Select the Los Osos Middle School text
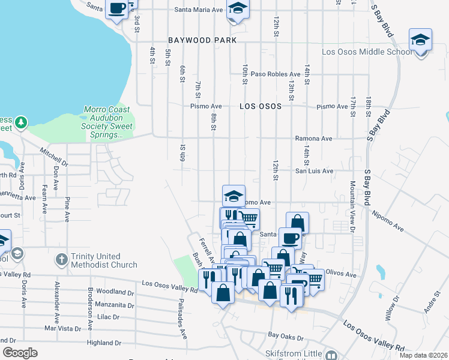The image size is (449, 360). coord(367,52)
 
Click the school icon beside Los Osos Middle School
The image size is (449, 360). coord(420,41)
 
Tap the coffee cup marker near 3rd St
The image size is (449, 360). coord(117,9)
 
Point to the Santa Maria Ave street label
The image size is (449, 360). coord(198,10)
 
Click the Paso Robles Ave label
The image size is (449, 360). coord(276,74)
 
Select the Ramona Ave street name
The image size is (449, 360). coord(313,139)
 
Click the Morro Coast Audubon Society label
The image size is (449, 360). coord(108,123)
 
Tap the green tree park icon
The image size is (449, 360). coord(22,122)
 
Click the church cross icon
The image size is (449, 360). coord(61,260)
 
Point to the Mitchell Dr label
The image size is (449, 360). coord(54,157)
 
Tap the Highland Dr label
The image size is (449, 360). coord(104,343)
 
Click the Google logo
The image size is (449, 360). coord(20,353)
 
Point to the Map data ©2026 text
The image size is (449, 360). coord(423,355)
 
